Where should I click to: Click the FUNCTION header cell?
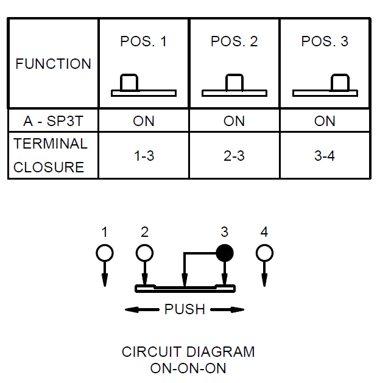tap(53, 64)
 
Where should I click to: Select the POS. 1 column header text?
tap(143, 41)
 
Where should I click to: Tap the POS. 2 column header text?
tap(234, 41)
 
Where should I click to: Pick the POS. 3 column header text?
tap(325, 41)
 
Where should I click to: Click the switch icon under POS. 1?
tap(143, 86)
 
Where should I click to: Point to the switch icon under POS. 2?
tap(234, 86)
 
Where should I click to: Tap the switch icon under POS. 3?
tap(325, 86)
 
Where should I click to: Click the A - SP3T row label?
tap(53, 121)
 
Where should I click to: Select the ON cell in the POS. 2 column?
tap(234, 121)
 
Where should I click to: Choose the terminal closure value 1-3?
tap(144, 156)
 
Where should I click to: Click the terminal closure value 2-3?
tap(234, 156)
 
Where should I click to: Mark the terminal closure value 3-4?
tap(325, 156)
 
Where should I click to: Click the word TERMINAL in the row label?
tap(51, 144)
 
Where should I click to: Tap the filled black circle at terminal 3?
tap(225, 253)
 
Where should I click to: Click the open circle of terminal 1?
tap(104, 253)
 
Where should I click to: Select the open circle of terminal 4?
tap(264, 253)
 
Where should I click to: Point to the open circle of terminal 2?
tap(144, 253)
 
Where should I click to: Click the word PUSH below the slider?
tap(185, 309)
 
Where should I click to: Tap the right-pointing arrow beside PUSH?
tap(228, 309)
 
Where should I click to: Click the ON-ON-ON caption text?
tap(188, 368)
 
